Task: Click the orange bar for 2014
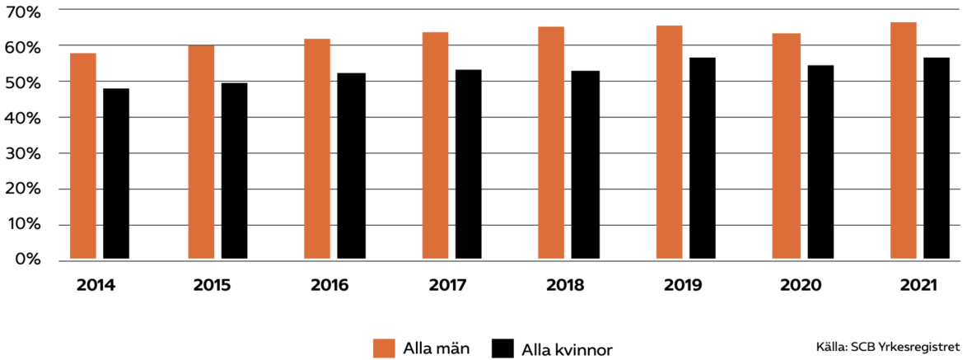83,157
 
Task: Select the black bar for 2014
116,174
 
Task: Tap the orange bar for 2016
317,149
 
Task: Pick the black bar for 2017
468,165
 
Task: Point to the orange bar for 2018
551,143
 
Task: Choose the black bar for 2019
703,159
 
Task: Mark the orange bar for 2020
786,147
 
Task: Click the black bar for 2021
937,159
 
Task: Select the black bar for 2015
234,171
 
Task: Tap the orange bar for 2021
903,141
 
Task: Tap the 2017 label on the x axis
448,287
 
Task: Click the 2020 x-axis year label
801,287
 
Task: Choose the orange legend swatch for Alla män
385,348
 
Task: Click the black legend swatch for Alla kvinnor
502,348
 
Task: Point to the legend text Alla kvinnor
567,348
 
